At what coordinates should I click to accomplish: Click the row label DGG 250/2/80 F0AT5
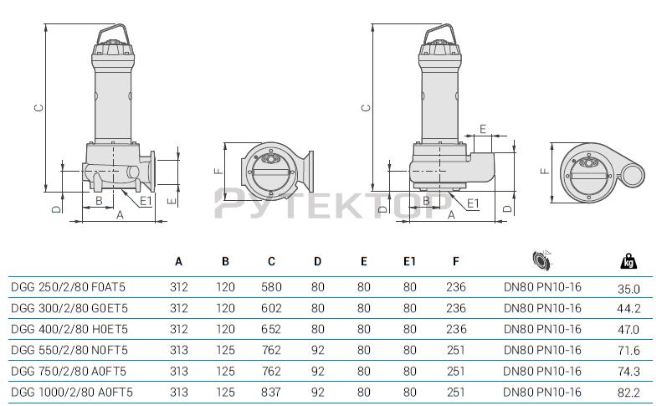(x=68, y=287)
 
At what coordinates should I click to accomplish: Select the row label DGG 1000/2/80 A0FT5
(x=72, y=392)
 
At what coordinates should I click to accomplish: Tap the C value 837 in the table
(x=271, y=392)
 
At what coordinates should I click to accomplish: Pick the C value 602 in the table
(x=271, y=308)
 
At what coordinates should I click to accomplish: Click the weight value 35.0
(x=629, y=290)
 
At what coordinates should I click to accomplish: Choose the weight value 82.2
(x=629, y=393)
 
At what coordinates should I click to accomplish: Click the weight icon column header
(x=629, y=261)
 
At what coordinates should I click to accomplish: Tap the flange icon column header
(x=541, y=260)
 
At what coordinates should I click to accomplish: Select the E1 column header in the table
(x=409, y=261)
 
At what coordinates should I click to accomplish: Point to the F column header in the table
(x=455, y=261)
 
